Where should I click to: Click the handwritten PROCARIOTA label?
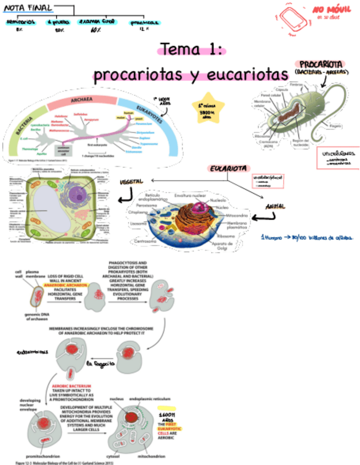coord(321,64)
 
